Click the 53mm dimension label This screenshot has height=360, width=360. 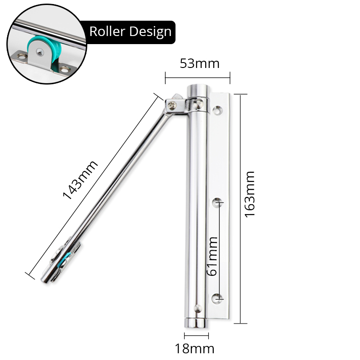point(200,63)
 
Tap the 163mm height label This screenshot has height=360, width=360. point(250,194)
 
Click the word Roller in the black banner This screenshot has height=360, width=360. point(108,31)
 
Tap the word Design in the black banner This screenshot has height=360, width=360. point(152,31)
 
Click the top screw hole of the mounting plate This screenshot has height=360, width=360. point(218,109)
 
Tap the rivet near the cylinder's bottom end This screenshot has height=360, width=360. point(197,309)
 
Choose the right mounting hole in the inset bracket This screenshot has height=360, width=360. point(67,70)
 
